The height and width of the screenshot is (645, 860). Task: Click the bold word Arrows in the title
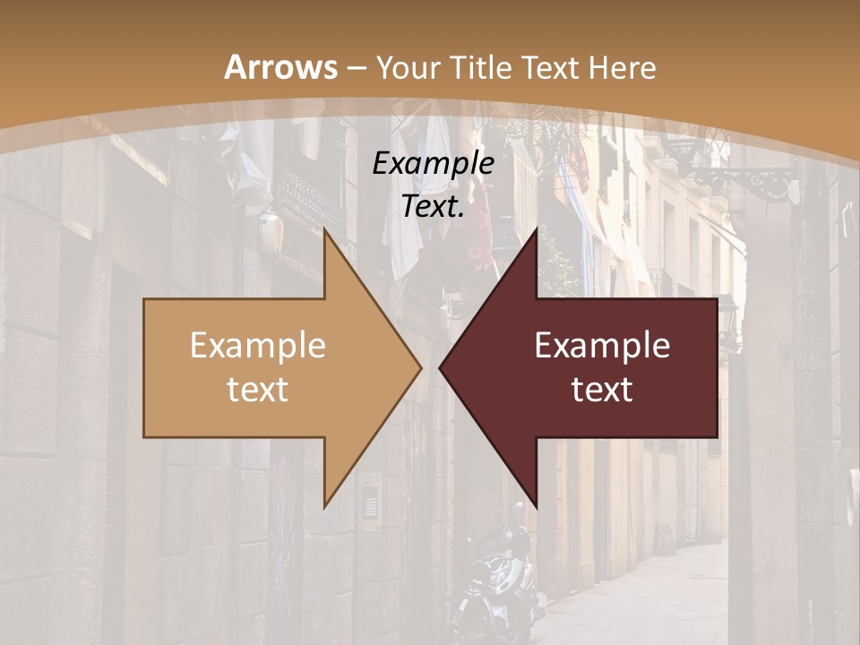pyautogui.click(x=280, y=67)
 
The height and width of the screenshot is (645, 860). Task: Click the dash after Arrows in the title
pyautogui.click(x=355, y=68)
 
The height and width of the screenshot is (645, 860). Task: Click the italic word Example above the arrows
pyautogui.click(x=433, y=164)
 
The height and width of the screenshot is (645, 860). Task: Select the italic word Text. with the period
pyautogui.click(x=433, y=207)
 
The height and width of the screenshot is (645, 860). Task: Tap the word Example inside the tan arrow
pyautogui.click(x=257, y=346)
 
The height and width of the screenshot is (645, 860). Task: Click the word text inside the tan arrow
pyautogui.click(x=257, y=390)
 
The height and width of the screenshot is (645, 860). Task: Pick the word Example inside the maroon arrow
pyautogui.click(x=602, y=346)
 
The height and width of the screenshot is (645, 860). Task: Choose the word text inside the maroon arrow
pyautogui.click(x=602, y=390)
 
